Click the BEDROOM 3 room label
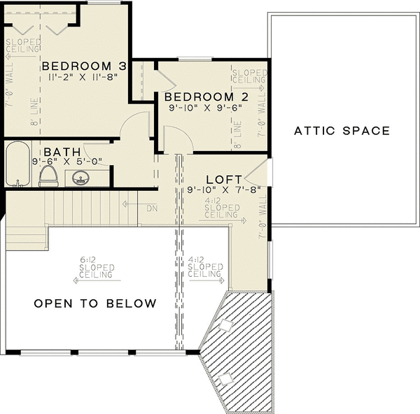click(84, 66)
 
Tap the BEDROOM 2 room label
click(207, 97)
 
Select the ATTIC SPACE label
click(342, 131)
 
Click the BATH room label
click(62, 152)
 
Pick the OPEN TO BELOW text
click(96, 304)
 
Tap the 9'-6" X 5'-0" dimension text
click(67, 162)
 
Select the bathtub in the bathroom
click(17, 164)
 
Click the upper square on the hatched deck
click(225, 326)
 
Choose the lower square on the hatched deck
click(225, 378)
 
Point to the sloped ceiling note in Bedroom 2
click(249, 76)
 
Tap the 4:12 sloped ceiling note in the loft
click(221, 209)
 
